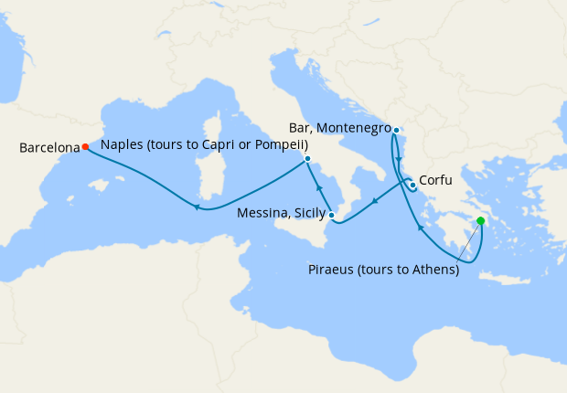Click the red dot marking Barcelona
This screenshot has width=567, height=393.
85,146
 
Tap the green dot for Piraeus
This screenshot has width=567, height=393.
481,220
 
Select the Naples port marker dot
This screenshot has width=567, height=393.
307,159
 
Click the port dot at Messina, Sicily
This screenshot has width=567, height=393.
332,216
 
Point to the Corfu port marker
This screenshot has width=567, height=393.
413,186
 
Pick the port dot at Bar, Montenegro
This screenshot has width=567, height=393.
395,130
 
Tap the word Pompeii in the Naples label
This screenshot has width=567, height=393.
282,145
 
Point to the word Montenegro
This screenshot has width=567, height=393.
355,129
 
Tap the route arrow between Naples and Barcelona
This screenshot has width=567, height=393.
197,207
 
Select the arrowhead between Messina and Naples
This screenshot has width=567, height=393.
319,188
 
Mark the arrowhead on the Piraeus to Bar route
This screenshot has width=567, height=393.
419,228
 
